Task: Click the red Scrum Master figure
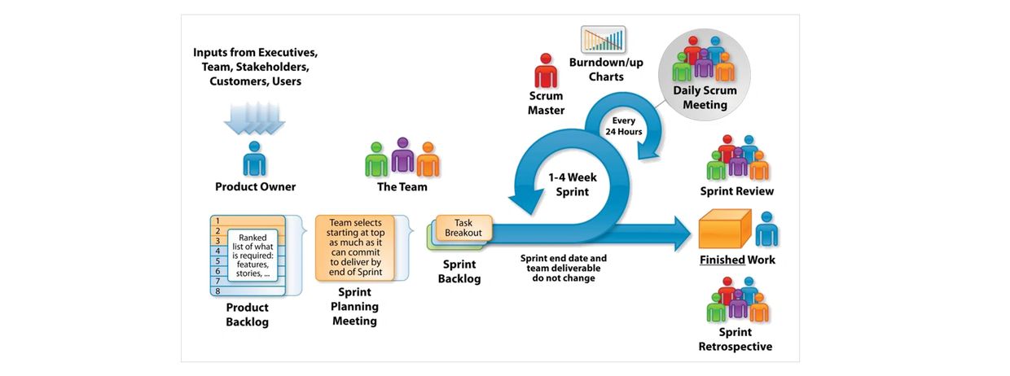tap(546, 72)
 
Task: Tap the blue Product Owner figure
tap(255, 159)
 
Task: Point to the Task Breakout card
tap(463, 227)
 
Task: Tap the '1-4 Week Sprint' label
tap(567, 185)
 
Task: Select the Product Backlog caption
tap(247, 314)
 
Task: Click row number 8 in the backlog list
tap(218, 291)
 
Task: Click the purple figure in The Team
tap(402, 155)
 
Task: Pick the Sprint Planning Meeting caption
tap(354, 307)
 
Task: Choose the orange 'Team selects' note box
tap(354, 247)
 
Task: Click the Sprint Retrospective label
tap(735, 339)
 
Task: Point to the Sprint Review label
tap(736, 191)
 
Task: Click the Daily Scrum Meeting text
tap(705, 98)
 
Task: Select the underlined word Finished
tap(722, 260)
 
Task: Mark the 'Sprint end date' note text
tap(564, 268)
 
